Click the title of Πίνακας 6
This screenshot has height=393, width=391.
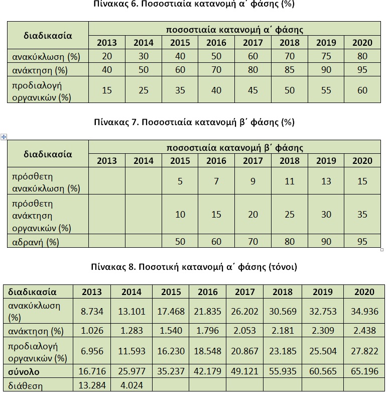pyautogui.click(x=194, y=5)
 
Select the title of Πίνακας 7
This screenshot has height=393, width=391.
pyautogui.click(x=194, y=122)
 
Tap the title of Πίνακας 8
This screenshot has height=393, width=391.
pyautogui.click(x=194, y=267)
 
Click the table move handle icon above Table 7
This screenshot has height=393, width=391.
pyautogui.click(x=4, y=137)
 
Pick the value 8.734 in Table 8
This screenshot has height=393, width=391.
pyautogui.click(x=92, y=312)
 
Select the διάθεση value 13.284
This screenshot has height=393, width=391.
pyautogui.click(x=92, y=386)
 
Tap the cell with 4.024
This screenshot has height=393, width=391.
pyautogui.click(x=131, y=386)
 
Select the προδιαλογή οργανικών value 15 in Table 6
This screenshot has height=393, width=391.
pyautogui.click(x=106, y=90)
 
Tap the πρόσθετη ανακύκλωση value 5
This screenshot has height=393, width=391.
pyautogui.click(x=180, y=181)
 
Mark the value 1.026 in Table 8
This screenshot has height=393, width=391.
pyautogui.click(x=92, y=331)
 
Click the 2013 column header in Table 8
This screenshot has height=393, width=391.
pyautogui.click(x=92, y=292)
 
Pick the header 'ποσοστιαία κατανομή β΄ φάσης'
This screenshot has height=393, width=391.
pyautogui.click(x=234, y=148)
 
